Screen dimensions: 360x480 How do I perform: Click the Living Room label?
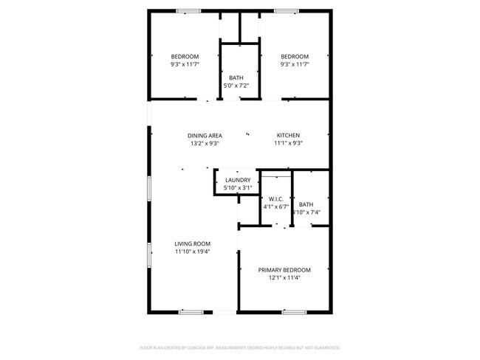[192, 243]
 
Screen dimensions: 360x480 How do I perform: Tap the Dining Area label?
[205, 135]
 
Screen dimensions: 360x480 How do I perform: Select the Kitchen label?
[288, 135]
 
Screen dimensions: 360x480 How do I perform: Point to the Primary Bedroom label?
[284, 269]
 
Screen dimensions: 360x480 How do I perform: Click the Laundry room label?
[238, 180]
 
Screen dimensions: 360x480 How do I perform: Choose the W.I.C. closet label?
[277, 198]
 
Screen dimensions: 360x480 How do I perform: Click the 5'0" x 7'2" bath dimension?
[236, 86]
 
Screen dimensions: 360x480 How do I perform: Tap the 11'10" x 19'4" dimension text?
[192, 252]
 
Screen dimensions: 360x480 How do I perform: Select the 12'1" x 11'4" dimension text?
[284, 277]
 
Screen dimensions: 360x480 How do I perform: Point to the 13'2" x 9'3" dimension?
[205, 143]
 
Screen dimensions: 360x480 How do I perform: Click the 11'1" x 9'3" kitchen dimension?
[288, 143]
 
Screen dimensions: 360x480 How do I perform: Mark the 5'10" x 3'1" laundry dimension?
[238, 188]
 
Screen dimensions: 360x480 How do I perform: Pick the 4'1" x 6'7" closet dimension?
[277, 207]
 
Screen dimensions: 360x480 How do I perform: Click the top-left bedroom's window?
[188, 10]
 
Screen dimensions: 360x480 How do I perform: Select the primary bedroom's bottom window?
[272, 312]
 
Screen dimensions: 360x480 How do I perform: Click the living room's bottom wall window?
[191, 312]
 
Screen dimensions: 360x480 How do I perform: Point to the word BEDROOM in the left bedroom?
[185, 57]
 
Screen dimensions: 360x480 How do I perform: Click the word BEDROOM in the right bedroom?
[294, 57]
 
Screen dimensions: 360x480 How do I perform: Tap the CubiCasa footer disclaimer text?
[239, 347]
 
